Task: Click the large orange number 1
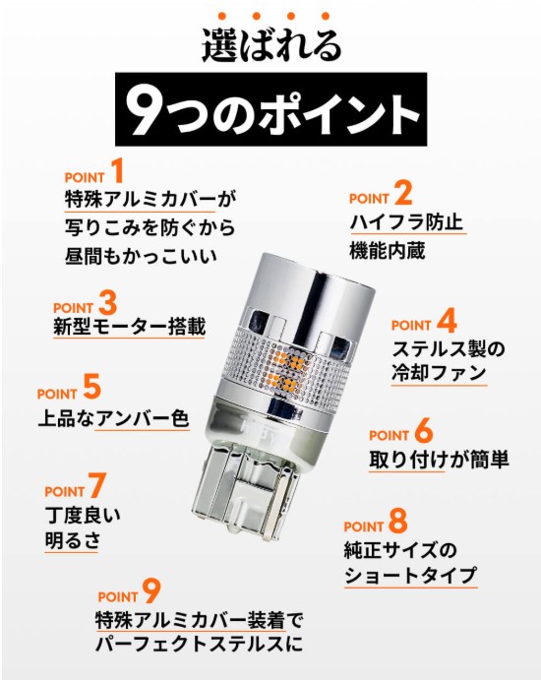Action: [x=117, y=171]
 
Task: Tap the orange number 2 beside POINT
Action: [x=403, y=193]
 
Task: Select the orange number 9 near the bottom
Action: [x=151, y=592]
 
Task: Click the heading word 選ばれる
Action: [x=271, y=45]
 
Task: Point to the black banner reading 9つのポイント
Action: [x=270, y=109]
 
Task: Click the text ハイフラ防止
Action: [x=406, y=223]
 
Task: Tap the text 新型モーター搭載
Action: [x=129, y=327]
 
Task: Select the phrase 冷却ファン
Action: [x=439, y=373]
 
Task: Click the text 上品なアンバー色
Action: [x=113, y=419]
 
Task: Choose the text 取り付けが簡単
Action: [x=439, y=460]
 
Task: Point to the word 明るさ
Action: [x=73, y=540]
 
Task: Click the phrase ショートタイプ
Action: [x=410, y=576]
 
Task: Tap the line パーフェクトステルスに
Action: [x=199, y=644]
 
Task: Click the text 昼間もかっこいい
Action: [x=141, y=256]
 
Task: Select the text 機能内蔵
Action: [x=388, y=251]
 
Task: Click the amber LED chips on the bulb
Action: [x=286, y=369]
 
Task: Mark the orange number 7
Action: [x=97, y=485]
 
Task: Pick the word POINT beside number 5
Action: [x=57, y=395]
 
